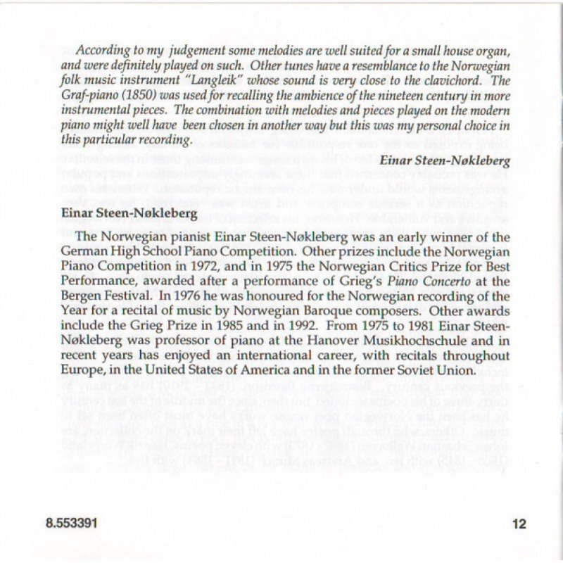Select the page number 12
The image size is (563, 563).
pos(519,522)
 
